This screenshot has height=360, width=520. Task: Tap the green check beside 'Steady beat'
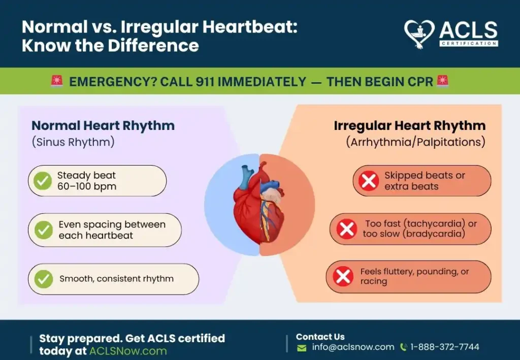tap(43, 181)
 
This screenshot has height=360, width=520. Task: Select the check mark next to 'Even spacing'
tap(44, 230)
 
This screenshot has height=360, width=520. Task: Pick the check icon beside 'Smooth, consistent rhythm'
tap(44, 279)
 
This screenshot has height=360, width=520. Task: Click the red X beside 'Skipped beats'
tap(369, 181)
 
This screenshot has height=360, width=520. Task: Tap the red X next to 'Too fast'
tap(346, 229)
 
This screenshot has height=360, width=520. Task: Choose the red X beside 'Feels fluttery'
tap(343, 276)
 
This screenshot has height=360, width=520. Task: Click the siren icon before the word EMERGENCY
tap(57, 81)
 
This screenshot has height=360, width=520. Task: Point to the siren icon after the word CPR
tap(443, 81)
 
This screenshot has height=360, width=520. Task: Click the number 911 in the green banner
tap(205, 82)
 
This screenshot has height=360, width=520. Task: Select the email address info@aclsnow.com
tap(353, 347)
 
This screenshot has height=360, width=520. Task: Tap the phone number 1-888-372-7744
tap(445, 347)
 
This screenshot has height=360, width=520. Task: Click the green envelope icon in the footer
tap(302, 348)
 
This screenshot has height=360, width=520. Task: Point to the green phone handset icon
tap(404, 347)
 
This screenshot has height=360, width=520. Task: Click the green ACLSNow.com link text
tap(128, 351)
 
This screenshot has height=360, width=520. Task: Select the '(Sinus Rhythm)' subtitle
tap(73, 142)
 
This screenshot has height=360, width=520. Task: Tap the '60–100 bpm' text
tap(87, 186)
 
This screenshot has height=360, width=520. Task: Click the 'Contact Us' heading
tap(320, 337)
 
